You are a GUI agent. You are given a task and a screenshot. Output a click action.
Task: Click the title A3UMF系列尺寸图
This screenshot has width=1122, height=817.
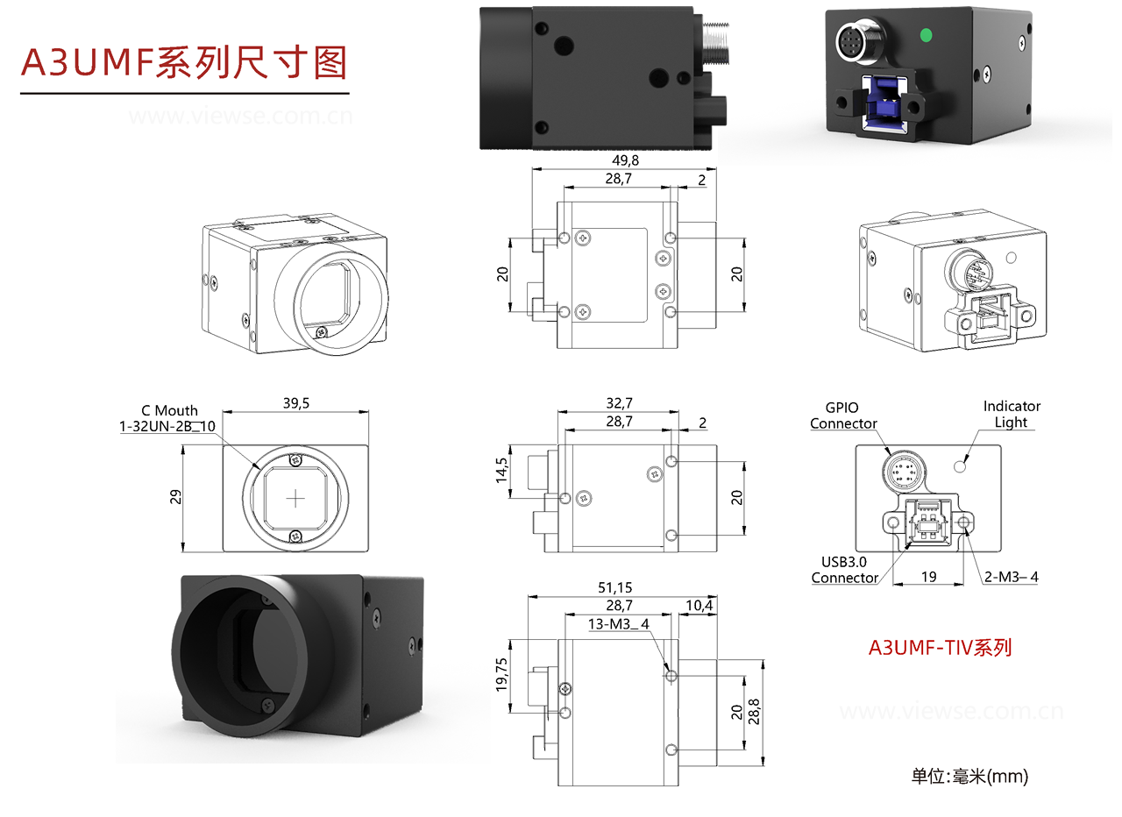click(184, 63)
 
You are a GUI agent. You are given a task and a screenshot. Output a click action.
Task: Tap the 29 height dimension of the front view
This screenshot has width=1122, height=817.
click(174, 498)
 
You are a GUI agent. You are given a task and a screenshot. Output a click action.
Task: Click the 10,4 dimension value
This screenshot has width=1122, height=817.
click(698, 606)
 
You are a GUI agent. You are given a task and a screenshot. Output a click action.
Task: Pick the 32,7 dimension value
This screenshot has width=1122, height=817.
click(619, 403)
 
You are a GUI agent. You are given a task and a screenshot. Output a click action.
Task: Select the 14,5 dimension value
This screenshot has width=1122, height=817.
click(501, 471)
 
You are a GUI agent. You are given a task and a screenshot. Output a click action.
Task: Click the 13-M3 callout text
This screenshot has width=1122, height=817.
click(619, 624)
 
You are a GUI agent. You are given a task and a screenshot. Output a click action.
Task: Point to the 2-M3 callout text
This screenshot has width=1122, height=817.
click(1011, 576)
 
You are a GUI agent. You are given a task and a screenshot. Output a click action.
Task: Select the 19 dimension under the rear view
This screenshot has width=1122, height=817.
click(929, 576)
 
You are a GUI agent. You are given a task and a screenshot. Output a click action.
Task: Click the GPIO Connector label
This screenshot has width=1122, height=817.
click(842, 416)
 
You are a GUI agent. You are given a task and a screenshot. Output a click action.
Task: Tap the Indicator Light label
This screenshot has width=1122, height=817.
click(1012, 414)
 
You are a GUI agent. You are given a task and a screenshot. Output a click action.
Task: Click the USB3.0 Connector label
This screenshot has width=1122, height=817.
click(844, 570)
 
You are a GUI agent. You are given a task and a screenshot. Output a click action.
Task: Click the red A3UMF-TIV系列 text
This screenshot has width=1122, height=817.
click(940, 648)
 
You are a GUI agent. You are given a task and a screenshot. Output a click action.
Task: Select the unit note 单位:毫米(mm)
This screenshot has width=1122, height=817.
click(969, 776)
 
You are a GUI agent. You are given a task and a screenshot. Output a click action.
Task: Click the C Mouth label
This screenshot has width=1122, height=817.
click(169, 410)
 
